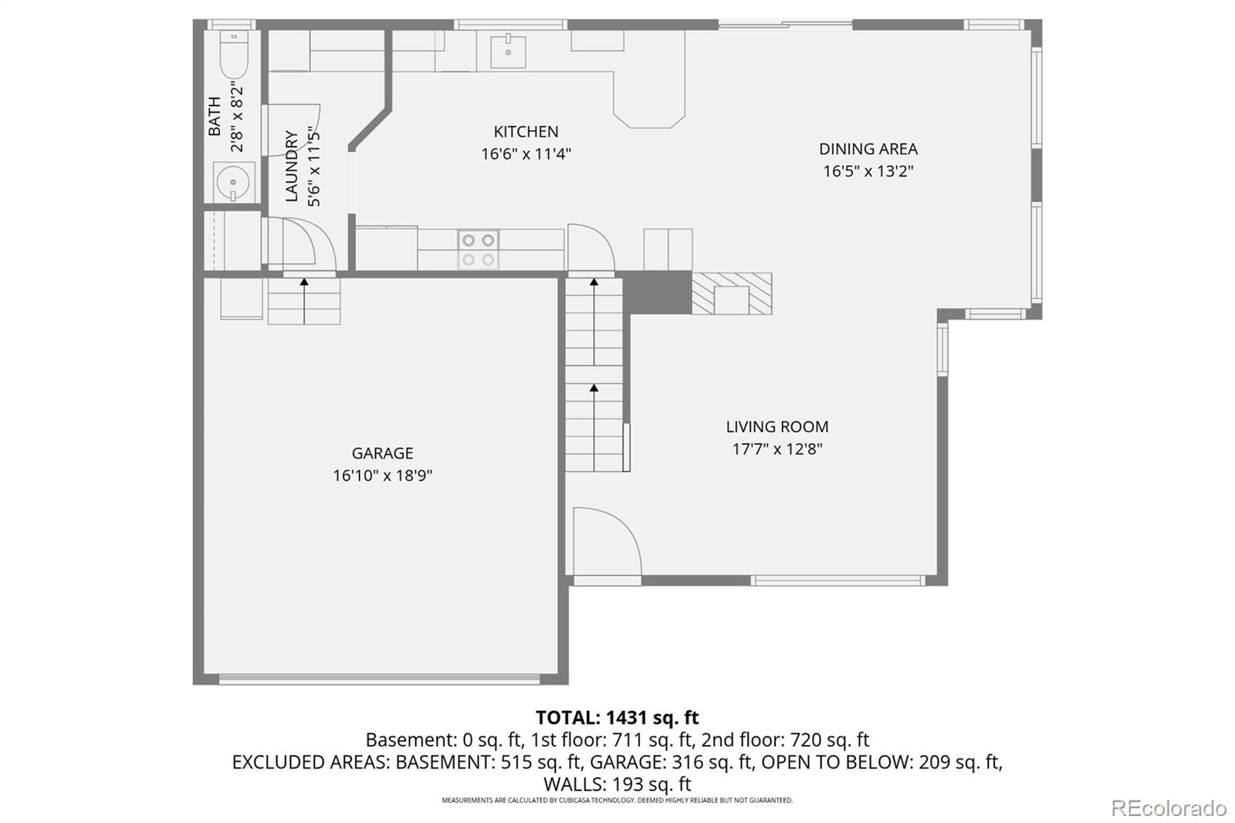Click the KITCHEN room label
pyautogui.click(x=526, y=132)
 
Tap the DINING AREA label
pyautogui.click(x=868, y=149)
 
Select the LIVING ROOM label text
pyautogui.click(x=777, y=427)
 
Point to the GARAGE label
pyautogui.click(x=382, y=453)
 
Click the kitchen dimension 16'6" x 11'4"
pyautogui.click(x=526, y=154)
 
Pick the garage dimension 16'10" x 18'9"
pyautogui.click(x=382, y=476)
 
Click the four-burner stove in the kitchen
pyautogui.click(x=478, y=250)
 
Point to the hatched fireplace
pyautogui.click(x=731, y=293)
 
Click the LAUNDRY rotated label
pyautogui.click(x=292, y=166)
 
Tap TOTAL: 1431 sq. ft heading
pyautogui.click(x=617, y=718)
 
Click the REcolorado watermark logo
pyautogui.click(x=1168, y=808)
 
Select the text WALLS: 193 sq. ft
pyautogui.click(x=617, y=784)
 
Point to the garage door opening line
pyautogui.click(x=379, y=679)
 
